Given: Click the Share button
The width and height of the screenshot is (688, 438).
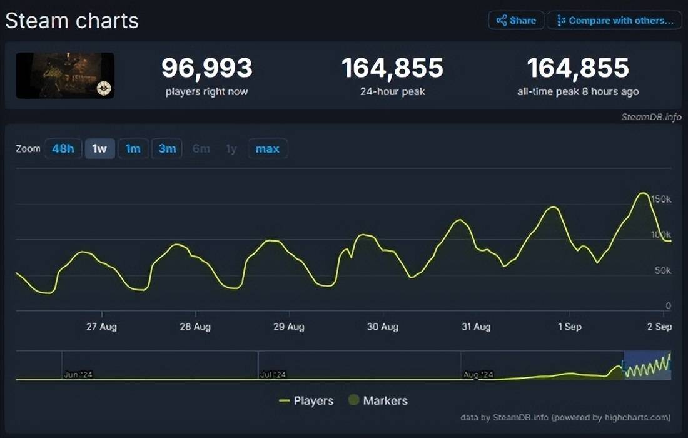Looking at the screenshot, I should (516, 20).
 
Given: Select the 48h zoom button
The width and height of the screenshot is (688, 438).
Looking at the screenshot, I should (63, 149).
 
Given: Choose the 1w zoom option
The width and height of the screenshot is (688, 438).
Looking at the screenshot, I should (99, 149).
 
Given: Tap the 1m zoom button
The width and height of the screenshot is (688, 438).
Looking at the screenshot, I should (133, 149).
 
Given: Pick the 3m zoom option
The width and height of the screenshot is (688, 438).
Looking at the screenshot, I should (167, 149).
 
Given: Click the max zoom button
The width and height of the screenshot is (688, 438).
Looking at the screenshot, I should (268, 149).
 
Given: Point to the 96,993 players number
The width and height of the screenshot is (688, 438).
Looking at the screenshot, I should (207, 68).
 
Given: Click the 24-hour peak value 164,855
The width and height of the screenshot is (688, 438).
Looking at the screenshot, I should (392, 68).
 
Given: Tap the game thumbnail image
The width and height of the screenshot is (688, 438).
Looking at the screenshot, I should (65, 75).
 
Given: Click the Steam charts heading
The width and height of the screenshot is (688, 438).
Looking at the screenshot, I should (72, 21).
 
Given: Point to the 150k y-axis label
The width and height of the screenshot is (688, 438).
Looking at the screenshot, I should (660, 199).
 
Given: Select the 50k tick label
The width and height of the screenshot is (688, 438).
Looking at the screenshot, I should (662, 270).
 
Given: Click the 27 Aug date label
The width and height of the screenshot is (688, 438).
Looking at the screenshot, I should (101, 327).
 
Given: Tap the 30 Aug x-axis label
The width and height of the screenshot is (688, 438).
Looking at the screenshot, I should (382, 327).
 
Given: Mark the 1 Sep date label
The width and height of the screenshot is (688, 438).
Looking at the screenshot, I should (569, 327).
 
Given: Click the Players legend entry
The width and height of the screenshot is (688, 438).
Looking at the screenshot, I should (306, 400).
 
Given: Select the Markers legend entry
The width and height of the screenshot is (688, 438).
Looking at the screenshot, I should (378, 400).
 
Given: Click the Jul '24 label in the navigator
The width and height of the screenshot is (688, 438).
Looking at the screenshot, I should (273, 374).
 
